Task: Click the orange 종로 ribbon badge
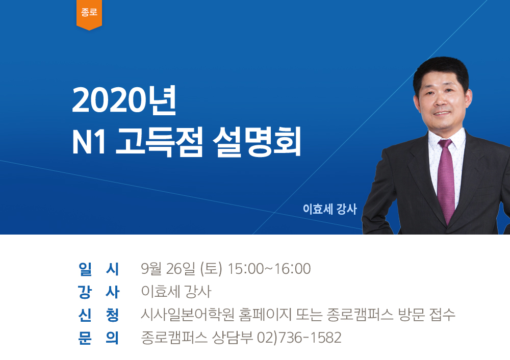[x=89, y=14]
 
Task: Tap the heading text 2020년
[x=124, y=100]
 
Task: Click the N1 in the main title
[x=89, y=142]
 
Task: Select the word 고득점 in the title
[x=159, y=142]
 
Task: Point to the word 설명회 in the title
[x=257, y=142]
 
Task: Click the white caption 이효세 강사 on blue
[x=330, y=209]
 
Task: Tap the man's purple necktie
[x=446, y=180]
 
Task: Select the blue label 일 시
[x=99, y=269]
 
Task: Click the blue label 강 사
[x=99, y=292]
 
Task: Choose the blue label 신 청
[x=99, y=315]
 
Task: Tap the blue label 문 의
[x=99, y=338]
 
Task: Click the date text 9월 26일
[x=168, y=269]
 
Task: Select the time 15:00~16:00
[x=269, y=269]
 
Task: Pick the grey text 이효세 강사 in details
[x=176, y=292]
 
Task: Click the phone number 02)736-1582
[x=299, y=338]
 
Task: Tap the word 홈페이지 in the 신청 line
[x=265, y=315]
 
